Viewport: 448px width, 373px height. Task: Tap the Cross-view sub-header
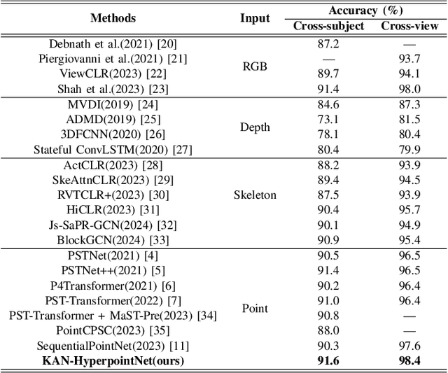pyautogui.click(x=409, y=26)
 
